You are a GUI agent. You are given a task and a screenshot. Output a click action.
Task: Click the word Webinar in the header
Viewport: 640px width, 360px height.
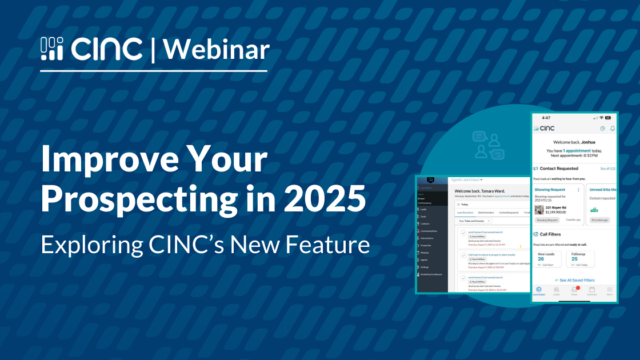click(x=217, y=50)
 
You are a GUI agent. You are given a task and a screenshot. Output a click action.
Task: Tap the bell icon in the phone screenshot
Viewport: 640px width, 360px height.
click(x=613, y=129)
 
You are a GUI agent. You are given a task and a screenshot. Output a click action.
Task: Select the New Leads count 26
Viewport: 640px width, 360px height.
click(x=541, y=258)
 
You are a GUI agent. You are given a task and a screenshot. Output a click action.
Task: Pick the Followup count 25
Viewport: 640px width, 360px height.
click(x=574, y=258)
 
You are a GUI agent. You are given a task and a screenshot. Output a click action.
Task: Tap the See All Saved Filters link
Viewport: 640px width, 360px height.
click(x=577, y=280)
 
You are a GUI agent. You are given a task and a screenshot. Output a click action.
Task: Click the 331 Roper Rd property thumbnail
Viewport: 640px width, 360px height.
click(x=539, y=209)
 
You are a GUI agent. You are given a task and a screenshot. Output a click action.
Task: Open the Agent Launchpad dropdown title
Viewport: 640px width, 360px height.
click(x=467, y=179)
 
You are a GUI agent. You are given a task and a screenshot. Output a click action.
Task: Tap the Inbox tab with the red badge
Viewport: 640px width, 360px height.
click(x=574, y=290)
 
